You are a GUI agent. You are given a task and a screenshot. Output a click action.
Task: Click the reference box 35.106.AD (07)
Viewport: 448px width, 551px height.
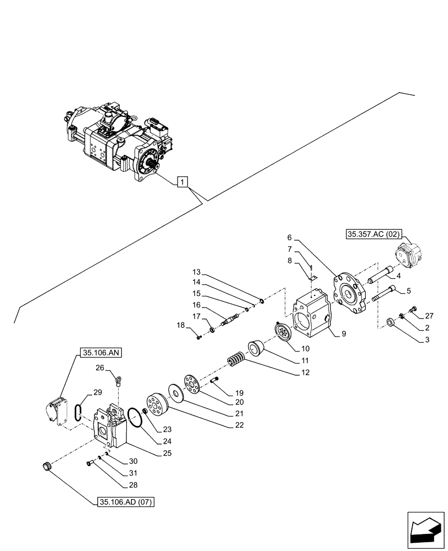tap(126, 502)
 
